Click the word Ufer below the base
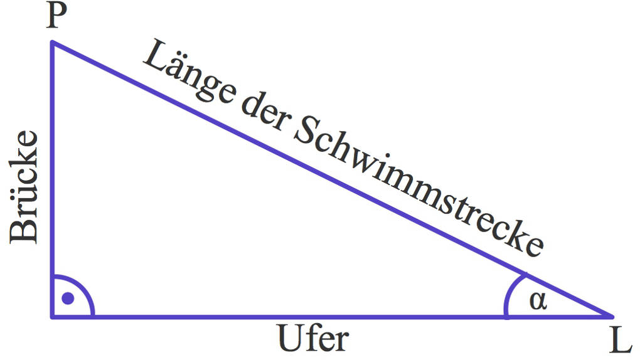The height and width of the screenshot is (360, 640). click(312, 339)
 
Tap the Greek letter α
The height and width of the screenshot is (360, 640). click(538, 301)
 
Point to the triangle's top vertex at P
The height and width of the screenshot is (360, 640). click(52, 43)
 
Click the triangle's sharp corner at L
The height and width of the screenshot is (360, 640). click(612, 315)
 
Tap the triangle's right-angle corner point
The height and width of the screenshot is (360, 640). click(52, 315)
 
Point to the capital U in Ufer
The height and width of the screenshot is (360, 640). click(289, 339)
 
